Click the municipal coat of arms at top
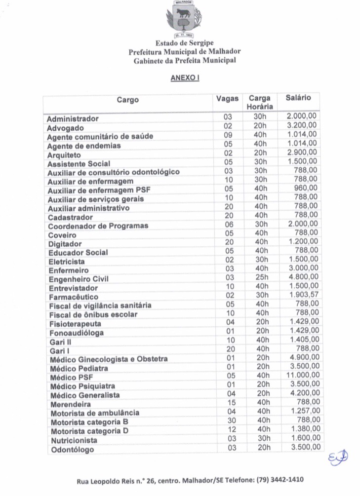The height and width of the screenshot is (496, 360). [x=185, y=19]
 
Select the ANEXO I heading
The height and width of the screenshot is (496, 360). [x=185, y=78]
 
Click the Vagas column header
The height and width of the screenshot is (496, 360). [x=228, y=99]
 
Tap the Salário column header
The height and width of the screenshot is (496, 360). [x=298, y=98]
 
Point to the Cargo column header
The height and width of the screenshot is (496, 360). [x=128, y=100]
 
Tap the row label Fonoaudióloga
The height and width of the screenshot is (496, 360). [x=76, y=333]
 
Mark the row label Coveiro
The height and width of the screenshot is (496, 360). [x=62, y=235]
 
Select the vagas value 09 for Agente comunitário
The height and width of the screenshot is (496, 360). [x=228, y=134]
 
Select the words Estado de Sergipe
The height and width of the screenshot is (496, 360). [x=185, y=43]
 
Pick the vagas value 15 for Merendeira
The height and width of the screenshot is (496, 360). [x=232, y=402]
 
